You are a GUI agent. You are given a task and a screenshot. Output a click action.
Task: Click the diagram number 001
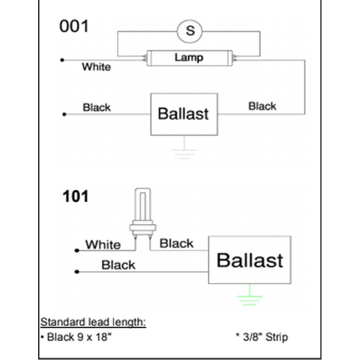74,27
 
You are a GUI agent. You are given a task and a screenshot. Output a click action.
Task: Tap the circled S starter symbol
190,31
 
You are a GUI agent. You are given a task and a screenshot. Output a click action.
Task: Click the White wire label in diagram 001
96,67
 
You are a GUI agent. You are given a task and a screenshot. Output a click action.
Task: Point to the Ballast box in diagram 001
184,114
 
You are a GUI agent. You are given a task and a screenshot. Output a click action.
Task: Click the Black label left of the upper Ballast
97,108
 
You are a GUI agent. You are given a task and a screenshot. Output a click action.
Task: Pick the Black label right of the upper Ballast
262,106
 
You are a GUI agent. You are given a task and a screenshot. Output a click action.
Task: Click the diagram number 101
75,197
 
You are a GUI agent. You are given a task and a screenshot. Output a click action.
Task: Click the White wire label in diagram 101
103,245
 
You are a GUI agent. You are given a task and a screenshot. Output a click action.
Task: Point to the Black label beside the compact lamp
176,243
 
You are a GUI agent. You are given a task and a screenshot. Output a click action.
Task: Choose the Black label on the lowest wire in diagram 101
118,265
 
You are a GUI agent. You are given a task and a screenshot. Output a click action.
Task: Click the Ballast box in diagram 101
250,260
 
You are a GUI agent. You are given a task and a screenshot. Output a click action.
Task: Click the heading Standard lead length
93,322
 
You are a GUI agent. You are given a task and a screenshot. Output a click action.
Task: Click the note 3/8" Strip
262,337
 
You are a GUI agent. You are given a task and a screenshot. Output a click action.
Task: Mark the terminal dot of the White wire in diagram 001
62,60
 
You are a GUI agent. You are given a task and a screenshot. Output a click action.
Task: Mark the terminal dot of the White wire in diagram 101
76,250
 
